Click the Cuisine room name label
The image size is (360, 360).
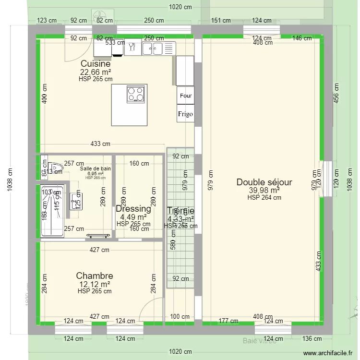pyautogui.click(x=96, y=64)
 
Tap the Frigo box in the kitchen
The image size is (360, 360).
pyautogui.click(x=185, y=114)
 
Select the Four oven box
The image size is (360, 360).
pyautogui.click(x=185, y=96)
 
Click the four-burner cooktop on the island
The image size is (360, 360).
pyautogui.click(x=136, y=94)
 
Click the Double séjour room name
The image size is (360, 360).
pyautogui.click(x=264, y=182)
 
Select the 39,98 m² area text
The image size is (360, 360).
pyautogui.click(x=264, y=191)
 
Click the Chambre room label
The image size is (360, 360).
pyautogui.click(x=95, y=276)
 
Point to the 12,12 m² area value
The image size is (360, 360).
pyautogui.click(x=95, y=284)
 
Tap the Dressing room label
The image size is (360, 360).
pyautogui.click(x=133, y=209)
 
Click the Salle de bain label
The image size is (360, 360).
pyautogui.click(x=96, y=168)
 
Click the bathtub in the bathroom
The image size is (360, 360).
pyautogui.click(x=52, y=210)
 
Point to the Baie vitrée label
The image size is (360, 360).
pyautogui.click(x=259, y=341)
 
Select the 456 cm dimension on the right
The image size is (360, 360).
pyautogui.click(x=336, y=92)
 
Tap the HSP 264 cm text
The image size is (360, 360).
pyautogui.click(x=264, y=197)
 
